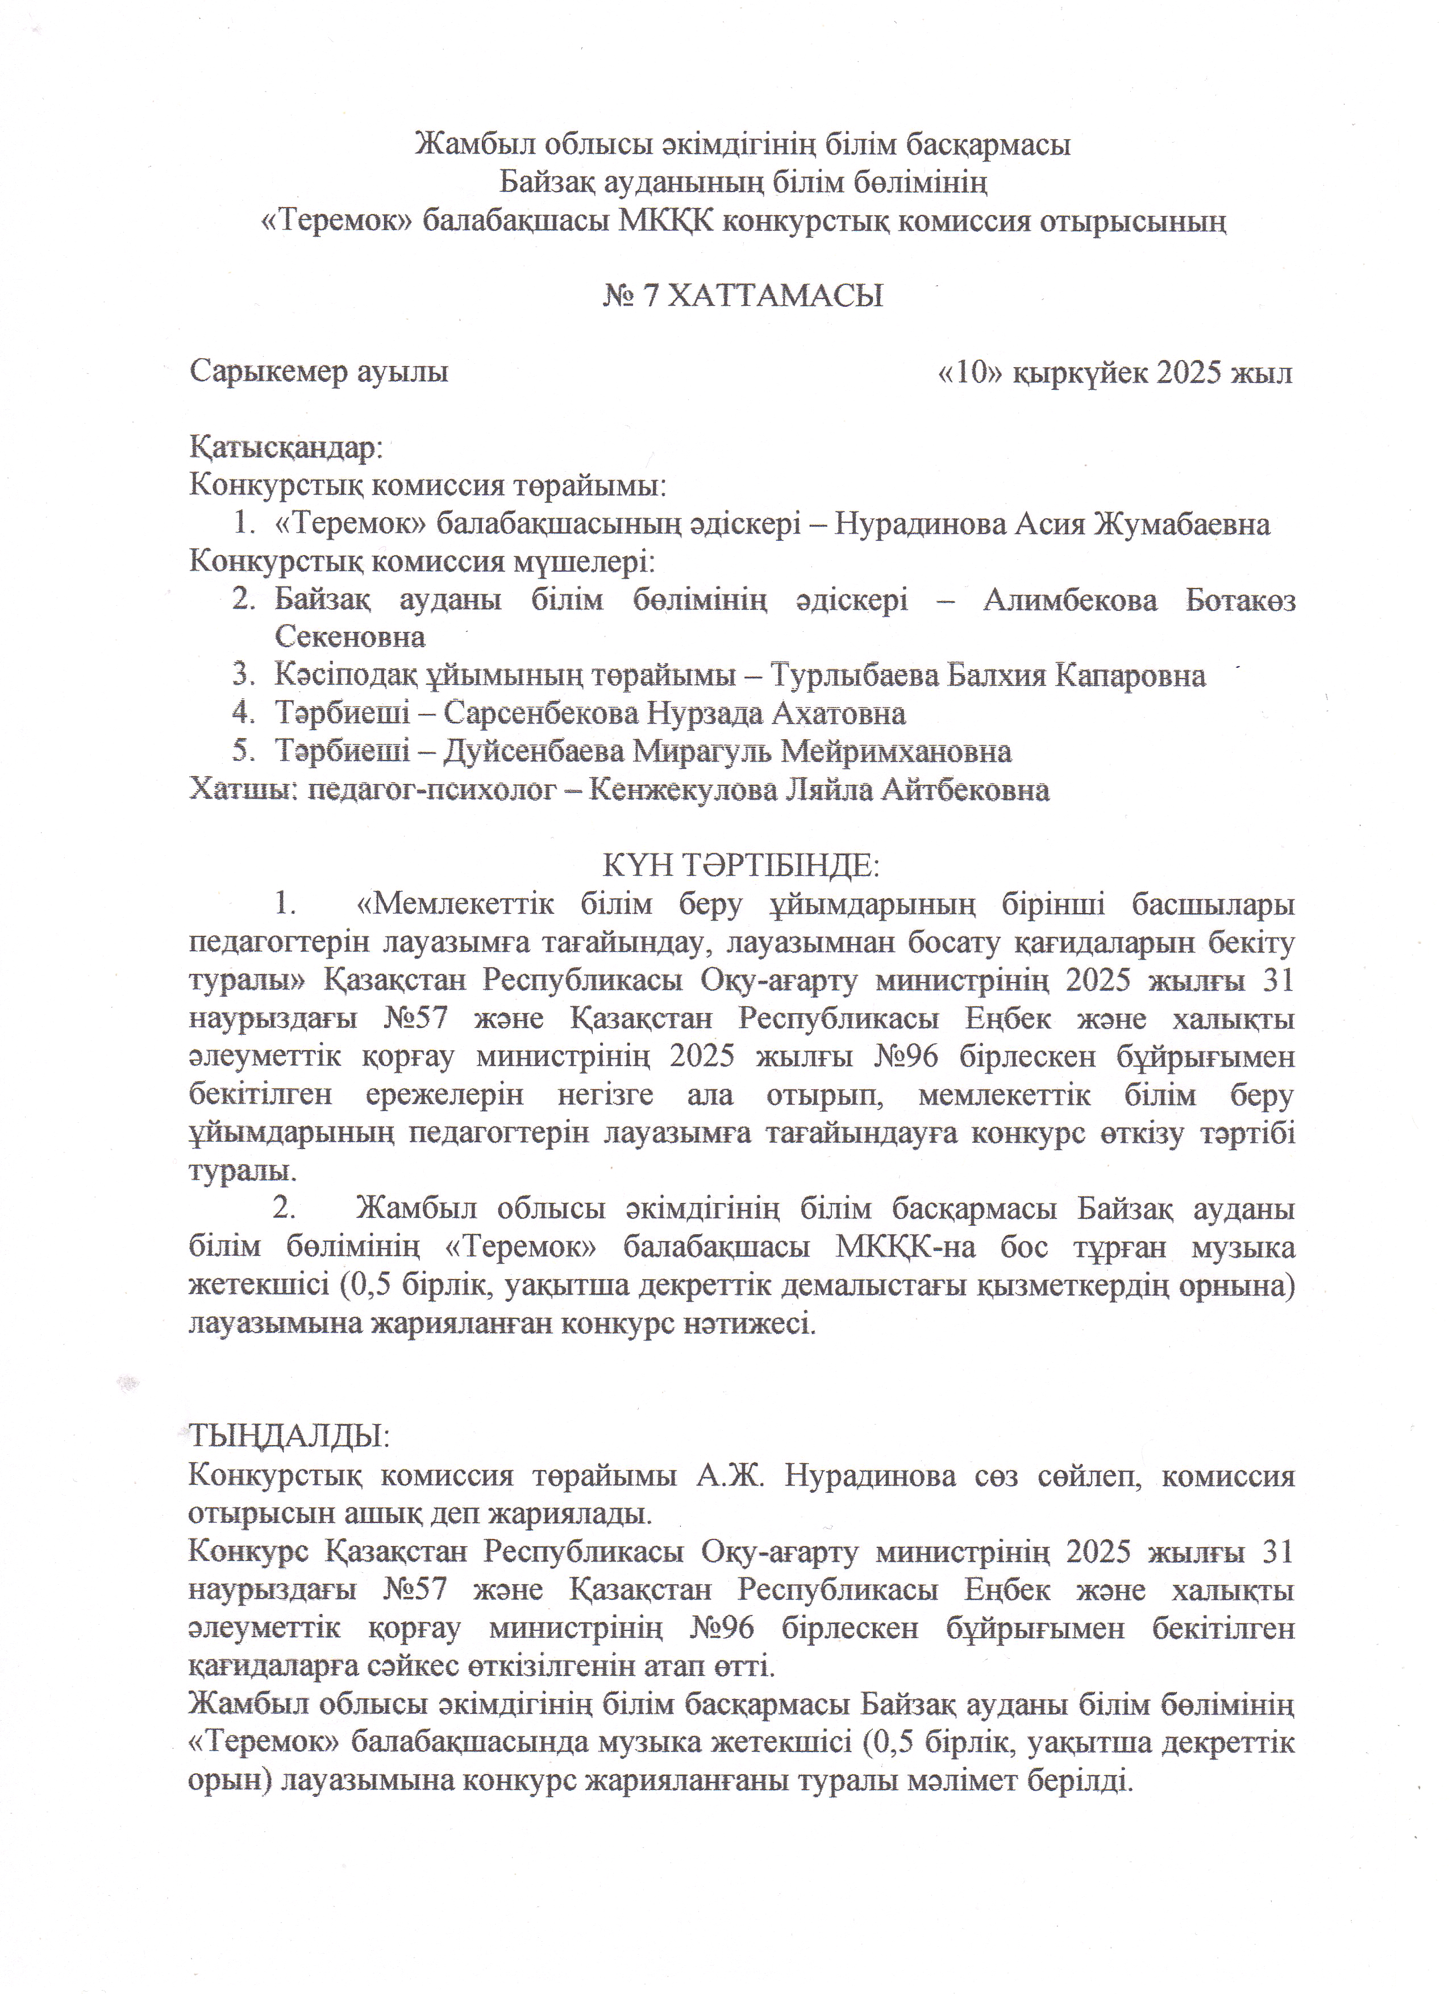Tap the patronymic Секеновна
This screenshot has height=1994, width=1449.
click(x=350, y=636)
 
